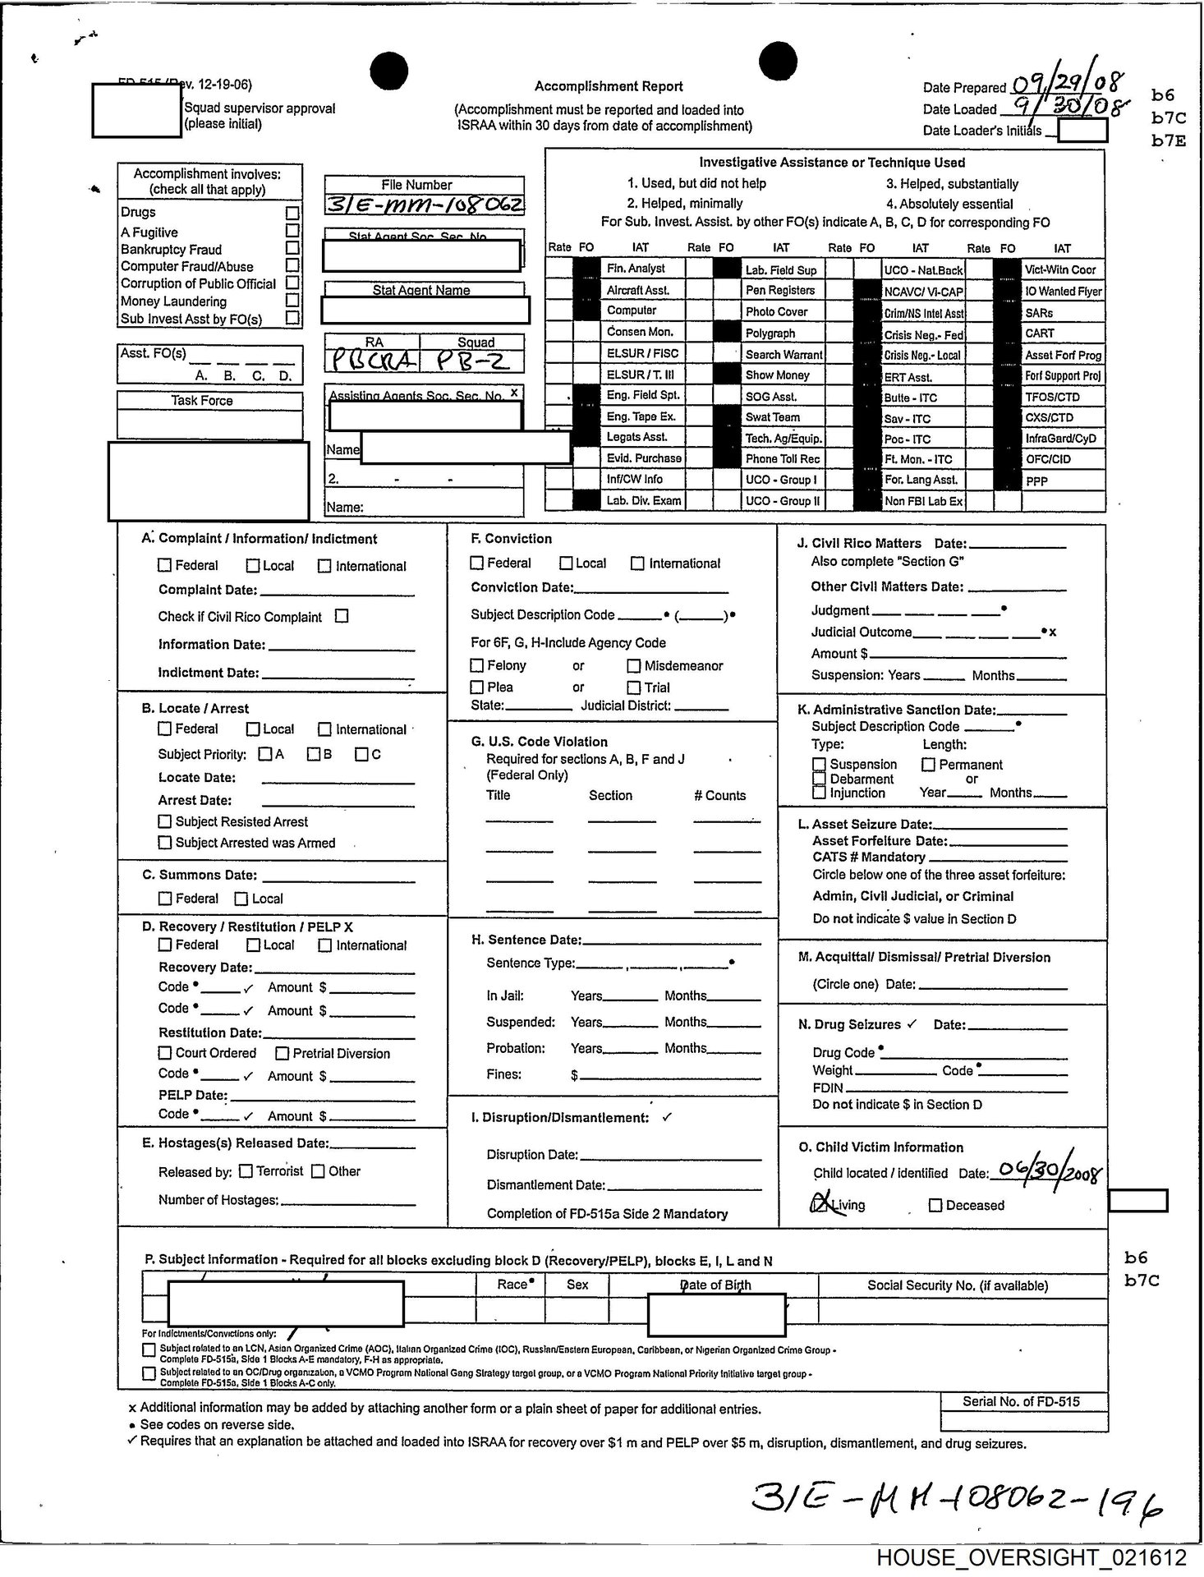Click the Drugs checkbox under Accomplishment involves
pyautogui.click(x=292, y=212)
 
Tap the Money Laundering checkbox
pyautogui.click(x=292, y=301)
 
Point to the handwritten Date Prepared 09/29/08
pyautogui.click(x=1068, y=84)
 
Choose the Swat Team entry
pyautogui.click(x=772, y=417)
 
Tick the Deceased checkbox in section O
pyautogui.click(x=935, y=1205)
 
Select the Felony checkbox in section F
pyautogui.click(x=477, y=665)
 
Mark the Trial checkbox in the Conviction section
pyautogui.click(x=634, y=687)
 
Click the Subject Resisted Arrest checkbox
pyautogui.click(x=165, y=821)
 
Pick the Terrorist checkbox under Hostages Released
pyautogui.click(x=246, y=1171)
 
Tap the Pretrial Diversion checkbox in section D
pyautogui.click(x=283, y=1053)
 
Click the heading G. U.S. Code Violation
pyautogui.click(x=539, y=742)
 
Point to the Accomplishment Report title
pyautogui.click(x=609, y=86)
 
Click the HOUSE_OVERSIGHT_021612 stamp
pyautogui.click(x=1031, y=1557)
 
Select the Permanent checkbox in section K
pyautogui.click(x=929, y=765)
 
